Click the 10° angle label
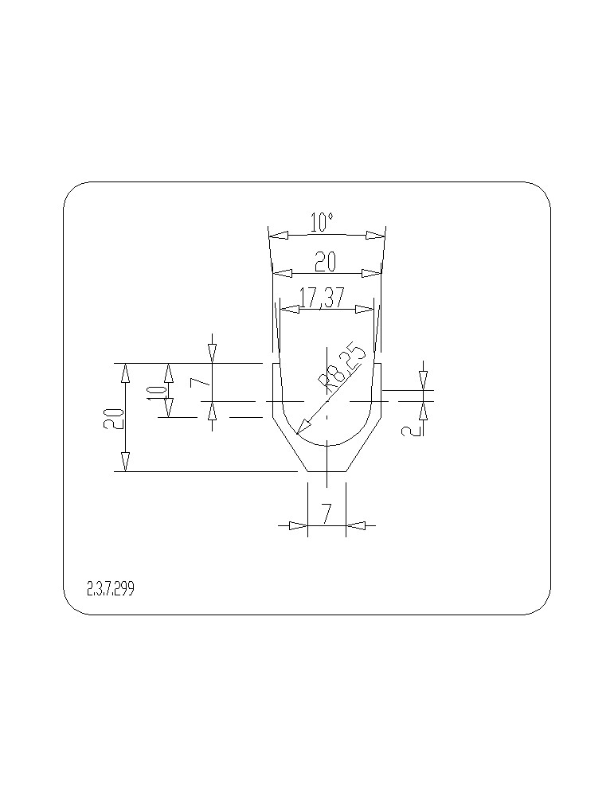pyautogui.click(x=322, y=222)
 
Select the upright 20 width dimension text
pyautogui.click(x=325, y=261)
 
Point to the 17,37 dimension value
pyautogui.click(x=322, y=298)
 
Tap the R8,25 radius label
pyautogui.click(x=342, y=370)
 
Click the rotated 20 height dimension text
pyautogui.click(x=113, y=418)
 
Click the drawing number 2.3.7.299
pyautogui.click(x=111, y=589)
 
